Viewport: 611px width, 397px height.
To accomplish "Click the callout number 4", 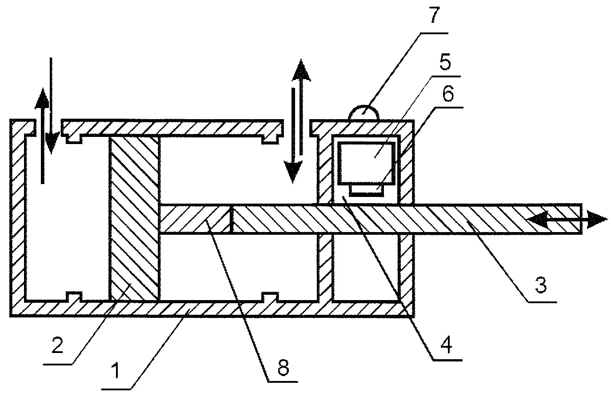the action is [x=446, y=345].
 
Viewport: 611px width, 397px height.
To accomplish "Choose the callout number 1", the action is [x=116, y=370].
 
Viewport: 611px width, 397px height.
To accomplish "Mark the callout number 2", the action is [x=57, y=345].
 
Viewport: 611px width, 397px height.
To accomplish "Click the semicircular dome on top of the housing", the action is [x=364, y=112].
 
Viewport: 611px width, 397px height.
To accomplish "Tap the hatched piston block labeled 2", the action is [x=134, y=218].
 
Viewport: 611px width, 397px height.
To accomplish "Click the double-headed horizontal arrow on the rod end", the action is [x=567, y=219].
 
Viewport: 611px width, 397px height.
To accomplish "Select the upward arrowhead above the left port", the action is [x=42, y=100].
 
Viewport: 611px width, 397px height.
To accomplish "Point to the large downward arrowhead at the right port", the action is [x=293, y=171].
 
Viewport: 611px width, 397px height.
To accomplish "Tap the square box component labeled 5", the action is [x=366, y=163].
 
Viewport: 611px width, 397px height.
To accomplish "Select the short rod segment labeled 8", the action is [x=196, y=219].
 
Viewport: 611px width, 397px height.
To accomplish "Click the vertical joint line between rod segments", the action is [x=232, y=219].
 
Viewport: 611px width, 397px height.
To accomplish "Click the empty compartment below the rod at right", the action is [x=366, y=267].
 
